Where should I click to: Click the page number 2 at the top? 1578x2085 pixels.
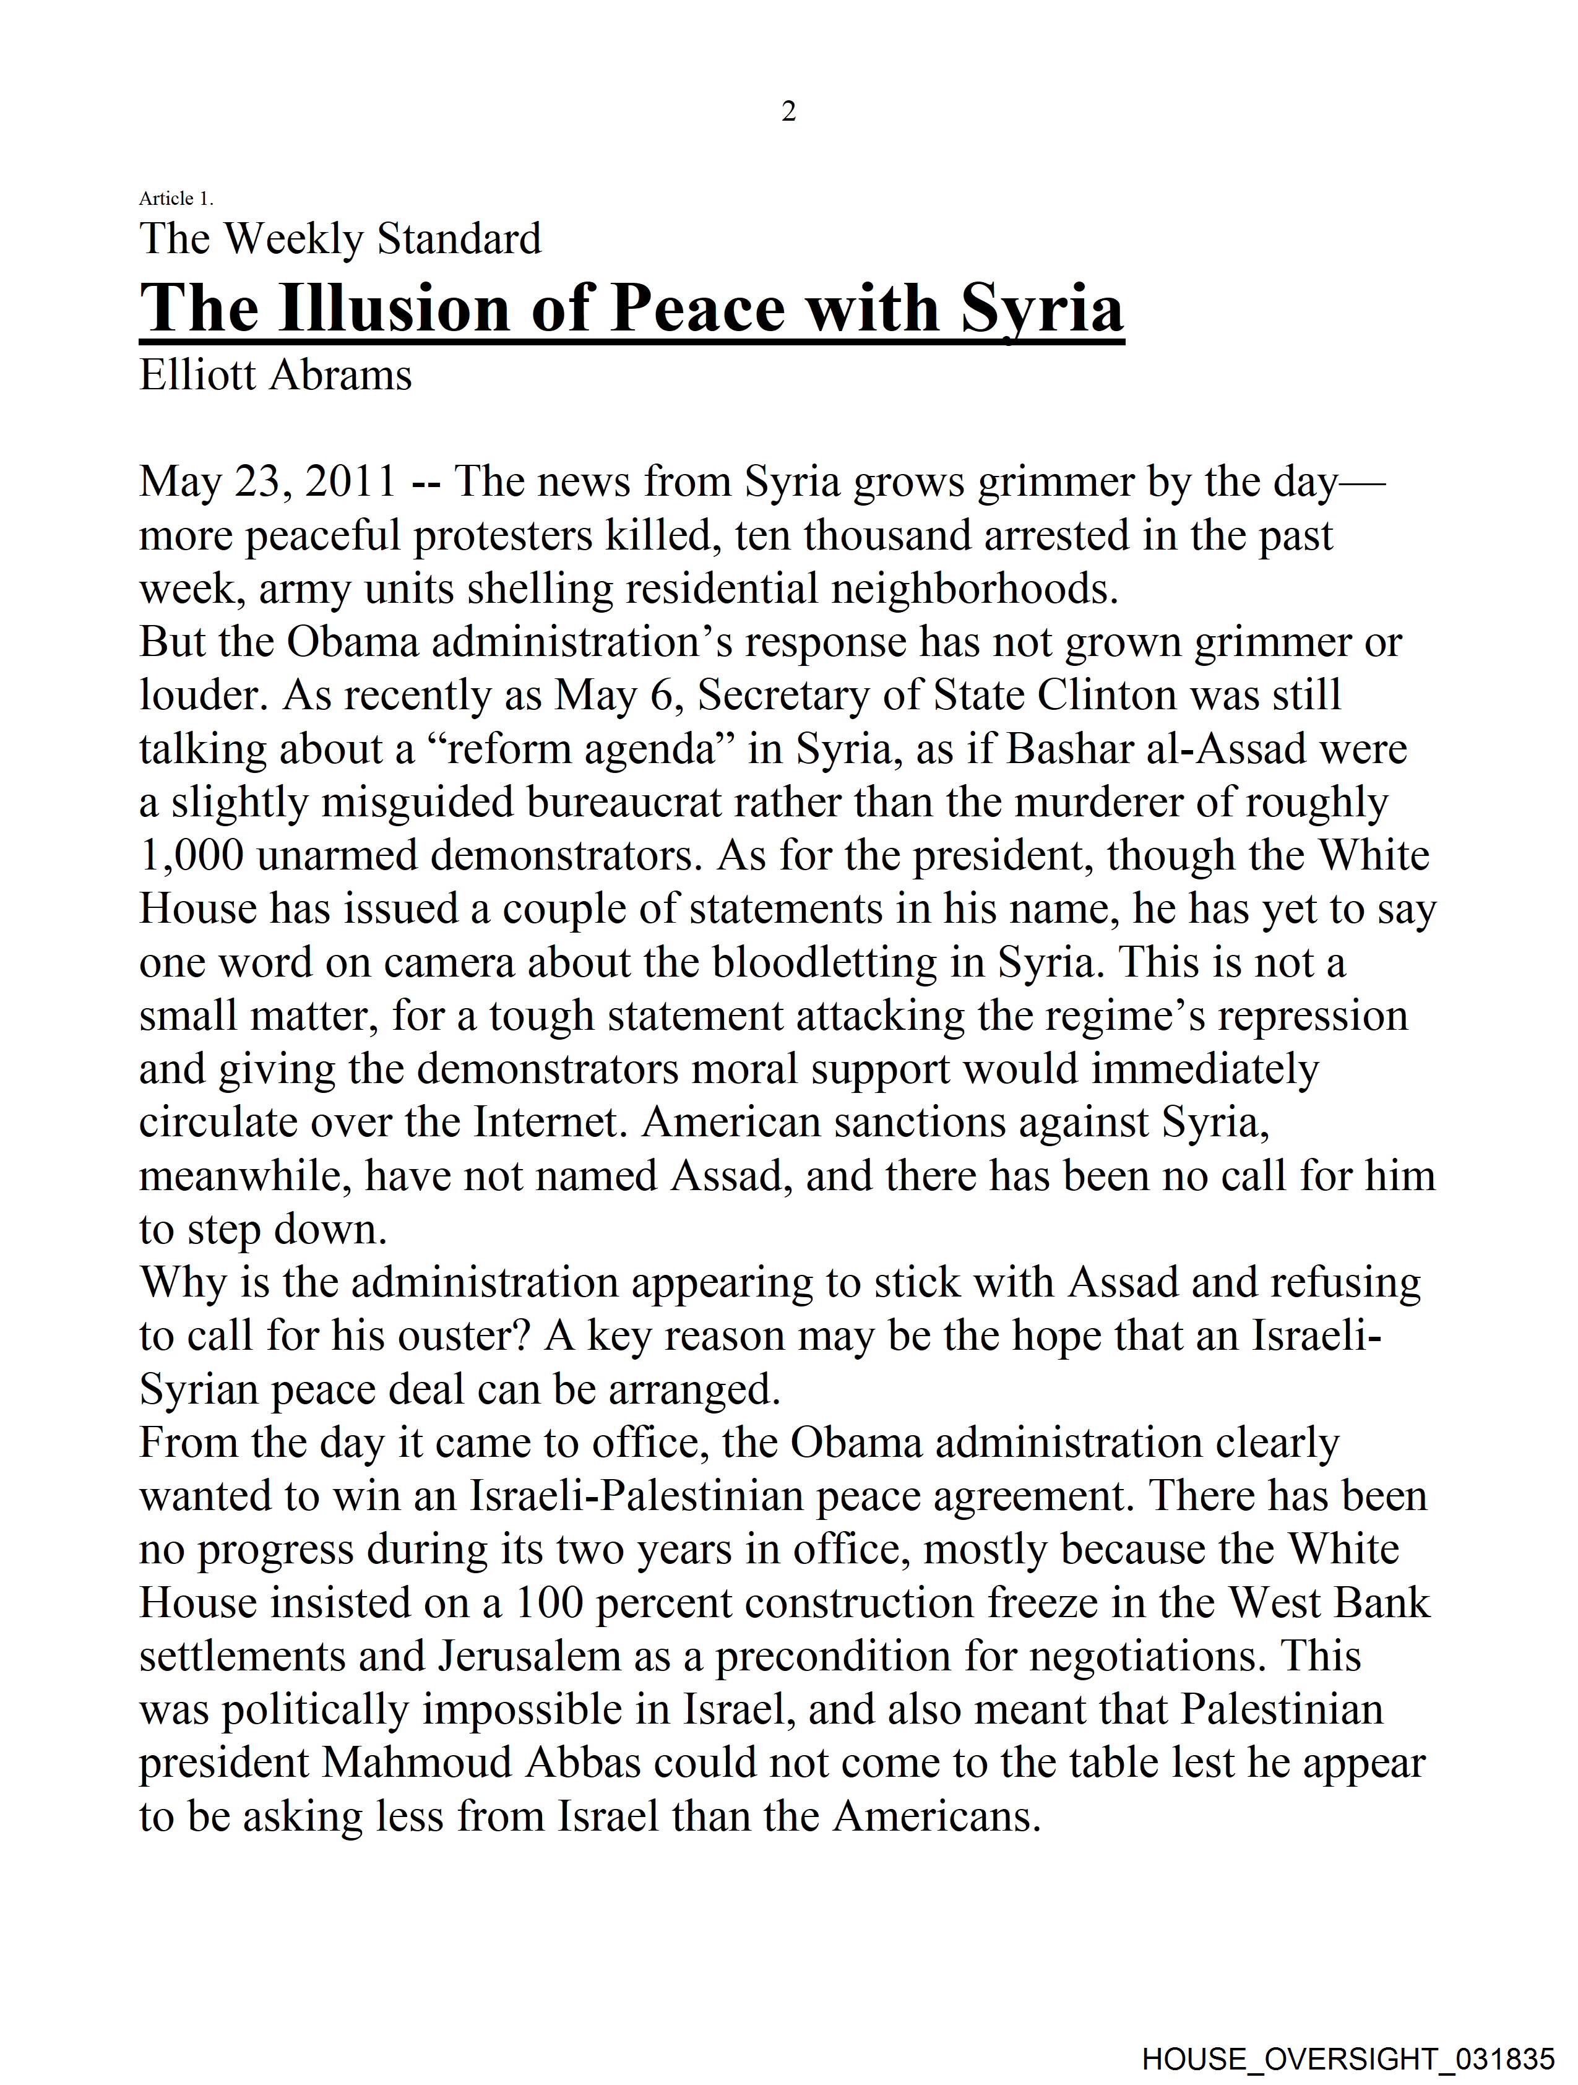tap(789, 112)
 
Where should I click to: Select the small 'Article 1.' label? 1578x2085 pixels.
tap(176, 198)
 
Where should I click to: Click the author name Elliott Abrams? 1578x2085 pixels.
tap(275, 375)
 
